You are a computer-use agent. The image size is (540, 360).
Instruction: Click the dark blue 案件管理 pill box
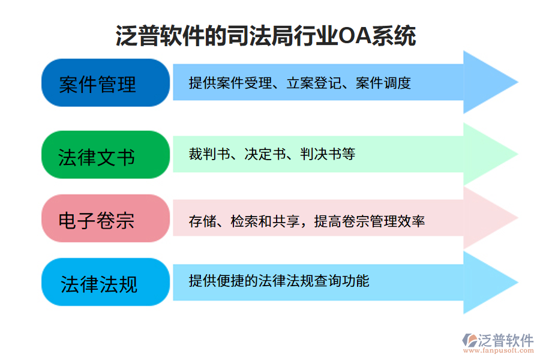[x=98, y=83]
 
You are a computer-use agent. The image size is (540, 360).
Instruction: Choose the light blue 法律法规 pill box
[x=98, y=283]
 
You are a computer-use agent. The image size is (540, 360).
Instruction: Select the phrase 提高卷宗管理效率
[x=370, y=221]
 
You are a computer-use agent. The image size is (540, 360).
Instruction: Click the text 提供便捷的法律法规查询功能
[x=278, y=280]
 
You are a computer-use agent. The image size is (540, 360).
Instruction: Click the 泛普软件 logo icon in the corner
[x=468, y=340]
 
